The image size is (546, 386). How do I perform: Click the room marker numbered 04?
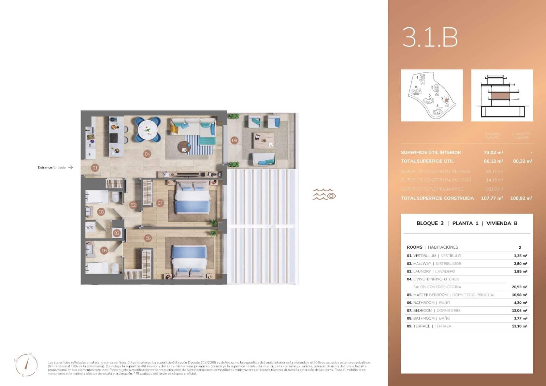coord(147,154)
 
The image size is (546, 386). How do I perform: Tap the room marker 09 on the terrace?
coord(234,140)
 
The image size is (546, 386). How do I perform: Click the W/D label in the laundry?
coord(90,227)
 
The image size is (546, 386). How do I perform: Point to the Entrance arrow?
coord(71,167)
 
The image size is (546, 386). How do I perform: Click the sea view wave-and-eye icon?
coord(324,194)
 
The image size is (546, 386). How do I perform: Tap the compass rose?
coord(26,364)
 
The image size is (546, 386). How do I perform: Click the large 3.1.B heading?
coord(430,37)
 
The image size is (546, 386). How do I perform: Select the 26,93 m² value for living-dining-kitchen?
coord(519,287)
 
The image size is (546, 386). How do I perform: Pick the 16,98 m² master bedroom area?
coord(519,295)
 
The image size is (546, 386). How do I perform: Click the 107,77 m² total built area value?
coord(492,198)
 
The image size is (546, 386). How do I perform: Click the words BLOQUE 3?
coord(430,223)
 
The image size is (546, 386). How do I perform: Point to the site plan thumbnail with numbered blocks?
coord(432,95)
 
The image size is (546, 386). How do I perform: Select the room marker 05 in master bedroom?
coord(148,238)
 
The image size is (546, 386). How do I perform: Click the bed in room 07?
coord(192,198)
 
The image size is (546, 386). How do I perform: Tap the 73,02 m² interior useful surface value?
coord(493,152)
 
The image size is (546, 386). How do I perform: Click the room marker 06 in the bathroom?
coord(104,251)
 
